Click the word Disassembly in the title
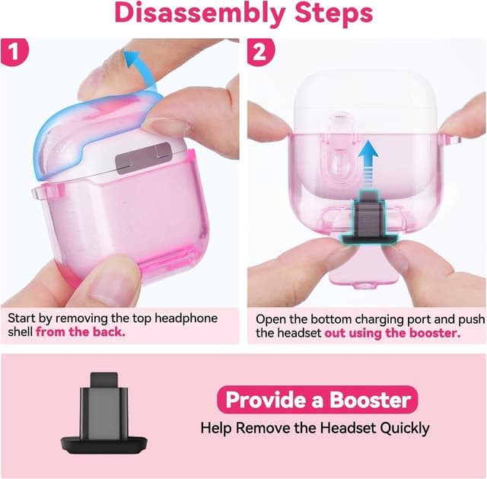(199, 14)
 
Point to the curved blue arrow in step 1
(136, 65)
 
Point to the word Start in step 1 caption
(23, 318)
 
